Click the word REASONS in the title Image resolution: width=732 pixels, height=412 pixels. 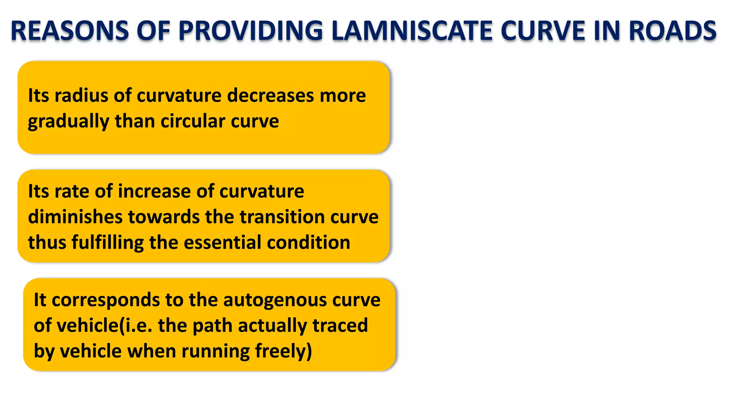coord(70,31)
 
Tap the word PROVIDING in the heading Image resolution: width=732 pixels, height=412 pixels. coord(251,31)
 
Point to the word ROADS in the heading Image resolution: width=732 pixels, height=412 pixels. coord(672,31)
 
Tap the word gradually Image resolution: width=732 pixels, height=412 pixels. coord(68,122)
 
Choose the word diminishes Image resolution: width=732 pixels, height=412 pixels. coord(75,217)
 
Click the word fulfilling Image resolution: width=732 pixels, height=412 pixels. coord(107,243)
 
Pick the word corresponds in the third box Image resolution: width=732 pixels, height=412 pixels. coord(106,300)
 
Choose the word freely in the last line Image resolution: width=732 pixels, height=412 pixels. coord(281,352)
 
